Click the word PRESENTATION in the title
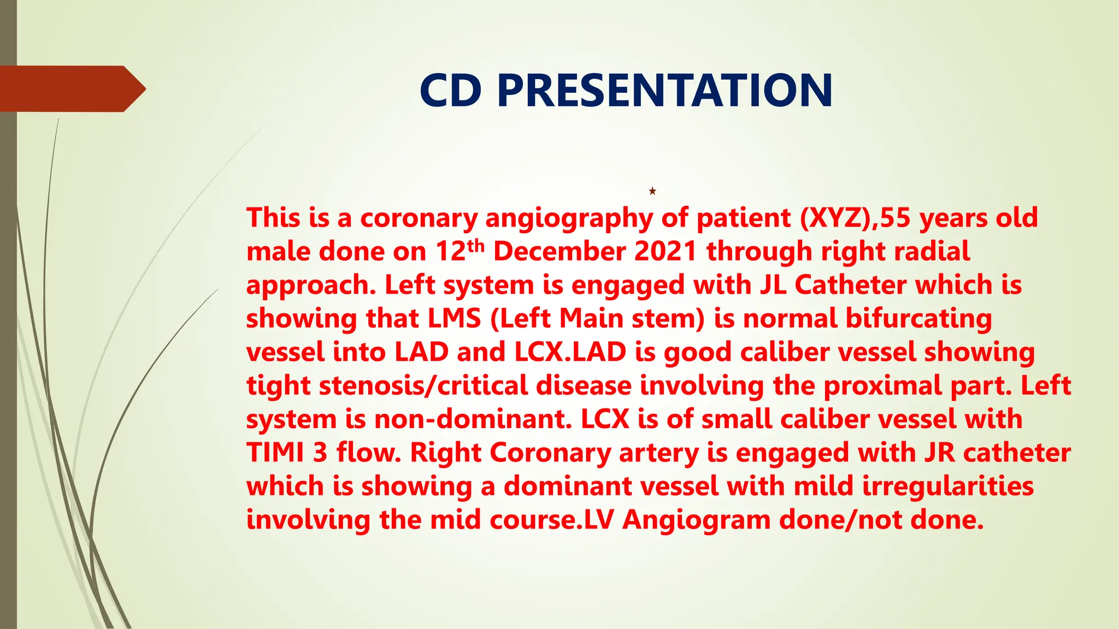[x=665, y=91]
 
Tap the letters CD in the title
[x=451, y=91]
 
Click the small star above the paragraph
[x=652, y=191]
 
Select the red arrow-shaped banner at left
[x=71, y=88]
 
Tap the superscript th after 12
[x=476, y=246]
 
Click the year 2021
[x=665, y=252]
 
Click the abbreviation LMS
[x=454, y=318]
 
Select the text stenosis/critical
[x=424, y=385]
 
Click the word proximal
[x=882, y=385]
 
